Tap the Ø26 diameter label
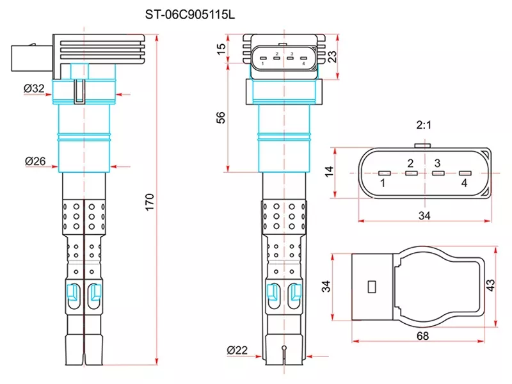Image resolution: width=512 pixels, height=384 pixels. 35,162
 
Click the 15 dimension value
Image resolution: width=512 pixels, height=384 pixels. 221,49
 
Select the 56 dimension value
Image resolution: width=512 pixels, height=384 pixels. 221,117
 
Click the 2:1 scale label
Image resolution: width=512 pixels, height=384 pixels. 423,125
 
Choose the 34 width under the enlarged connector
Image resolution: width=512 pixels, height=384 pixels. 424,216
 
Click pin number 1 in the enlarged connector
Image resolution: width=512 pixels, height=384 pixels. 382,184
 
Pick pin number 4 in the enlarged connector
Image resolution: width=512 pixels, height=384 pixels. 464,184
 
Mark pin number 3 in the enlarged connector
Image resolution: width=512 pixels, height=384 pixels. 437,163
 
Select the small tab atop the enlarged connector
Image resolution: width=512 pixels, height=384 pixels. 423,145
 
